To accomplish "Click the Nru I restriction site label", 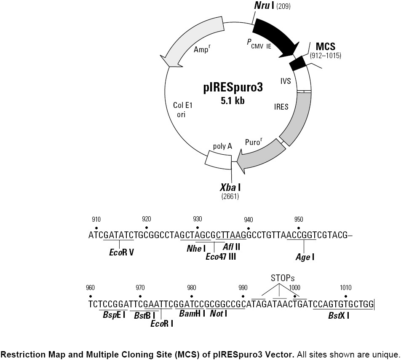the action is coord(264,5).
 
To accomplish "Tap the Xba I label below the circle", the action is coord(230,188).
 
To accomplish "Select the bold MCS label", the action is coord(325,46).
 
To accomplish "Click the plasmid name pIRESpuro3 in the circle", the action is coord(233,88).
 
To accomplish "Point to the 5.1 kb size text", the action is coord(233,101).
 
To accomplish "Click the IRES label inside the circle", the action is coord(281,107).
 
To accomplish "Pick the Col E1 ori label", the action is coord(183,110).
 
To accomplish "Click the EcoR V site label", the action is coord(121,253).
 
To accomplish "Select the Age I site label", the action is coord(305,257).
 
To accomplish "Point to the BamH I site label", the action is coord(192,314).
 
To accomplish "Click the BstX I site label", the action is coord(339,315).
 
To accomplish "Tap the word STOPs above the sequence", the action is coord(283,278).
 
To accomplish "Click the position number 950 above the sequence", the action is coord(299,219).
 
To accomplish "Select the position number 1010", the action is coord(345,287).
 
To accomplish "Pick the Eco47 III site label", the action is coord(221,256).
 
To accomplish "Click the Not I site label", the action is coord(218,314).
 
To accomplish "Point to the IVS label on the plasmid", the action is coord(286,81).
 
